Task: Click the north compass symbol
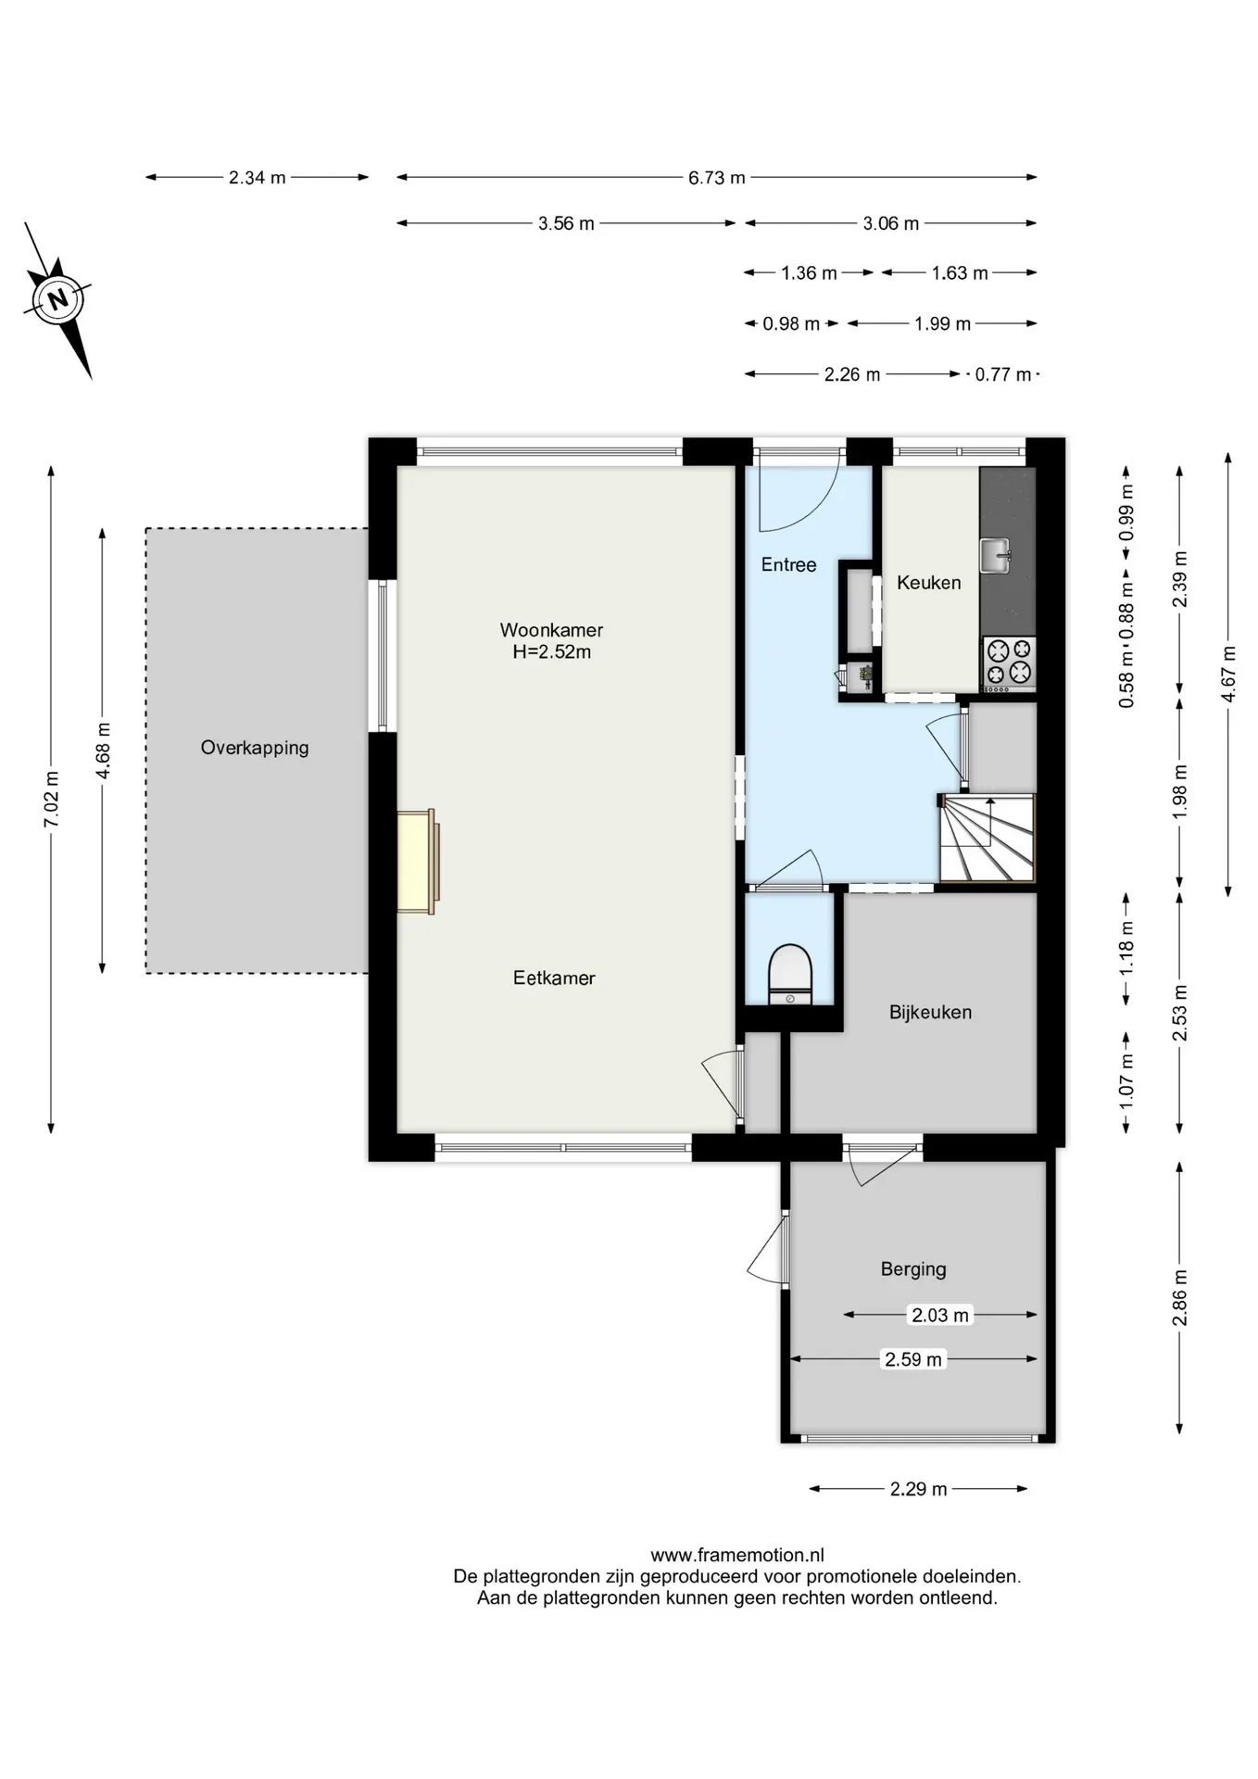pyautogui.click(x=58, y=299)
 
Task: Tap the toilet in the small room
pyautogui.click(x=789, y=974)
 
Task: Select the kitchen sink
pyautogui.click(x=995, y=556)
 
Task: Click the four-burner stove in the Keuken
pyautogui.click(x=1009, y=662)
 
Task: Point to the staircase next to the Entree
pyautogui.click(x=988, y=838)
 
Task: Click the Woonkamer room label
pyautogui.click(x=551, y=630)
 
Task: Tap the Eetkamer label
pyautogui.click(x=554, y=978)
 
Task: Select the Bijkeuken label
pyautogui.click(x=930, y=1012)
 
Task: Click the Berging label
pyautogui.click(x=913, y=1269)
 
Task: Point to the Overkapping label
pyautogui.click(x=255, y=748)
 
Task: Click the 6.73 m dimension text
pyautogui.click(x=716, y=178)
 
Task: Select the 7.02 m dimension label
pyautogui.click(x=52, y=800)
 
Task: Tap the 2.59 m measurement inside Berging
pyautogui.click(x=913, y=1359)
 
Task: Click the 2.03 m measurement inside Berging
pyautogui.click(x=940, y=1315)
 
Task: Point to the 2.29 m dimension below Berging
pyautogui.click(x=919, y=1489)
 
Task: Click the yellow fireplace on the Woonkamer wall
pyautogui.click(x=418, y=862)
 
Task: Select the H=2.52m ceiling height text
pyautogui.click(x=552, y=651)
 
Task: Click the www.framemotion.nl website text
pyautogui.click(x=737, y=1556)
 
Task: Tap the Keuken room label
pyautogui.click(x=929, y=583)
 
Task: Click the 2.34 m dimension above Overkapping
pyautogui.click(x=258, y=178)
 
